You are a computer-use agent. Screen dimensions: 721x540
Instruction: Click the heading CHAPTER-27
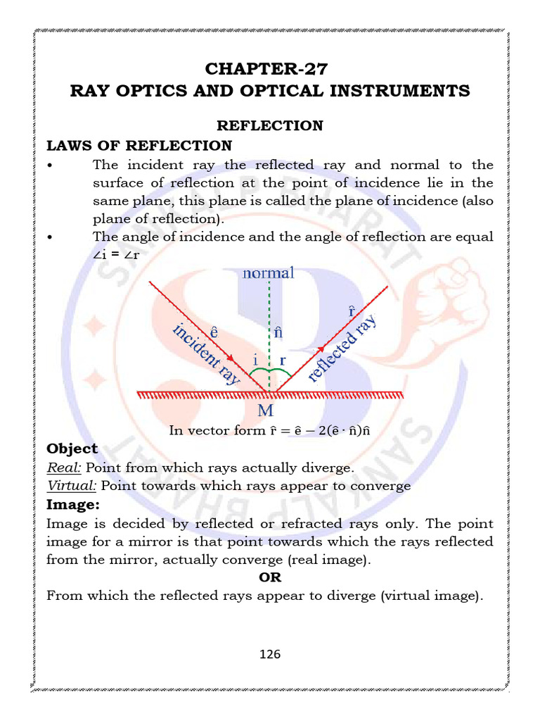pos(266,68)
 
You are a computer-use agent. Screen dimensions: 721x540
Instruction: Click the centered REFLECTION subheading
pos(269,125)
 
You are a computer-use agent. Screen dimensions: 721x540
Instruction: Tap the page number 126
pos(269,654)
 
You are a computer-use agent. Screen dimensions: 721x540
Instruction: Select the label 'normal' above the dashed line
pos(268,272)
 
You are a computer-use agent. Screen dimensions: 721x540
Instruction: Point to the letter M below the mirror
pos(266,410)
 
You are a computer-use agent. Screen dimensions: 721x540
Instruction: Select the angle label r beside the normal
pos(283,359)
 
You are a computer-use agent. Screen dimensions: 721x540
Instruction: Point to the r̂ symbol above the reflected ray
pos(351,310)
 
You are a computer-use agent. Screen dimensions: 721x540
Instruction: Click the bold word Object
pos(72,449)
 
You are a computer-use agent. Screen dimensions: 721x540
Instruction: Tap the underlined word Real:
pos(64,468)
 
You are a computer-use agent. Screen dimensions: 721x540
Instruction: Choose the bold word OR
pos(269,577)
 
